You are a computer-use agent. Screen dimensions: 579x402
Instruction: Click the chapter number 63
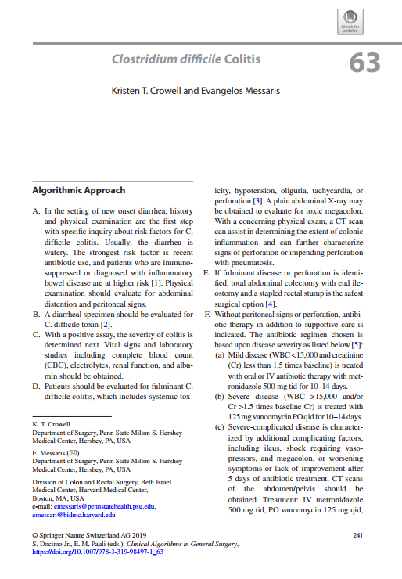pyautogui.click(x=364, y=62)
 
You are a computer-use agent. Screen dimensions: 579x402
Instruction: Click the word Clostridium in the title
pyautogui.click(x=144, y=59)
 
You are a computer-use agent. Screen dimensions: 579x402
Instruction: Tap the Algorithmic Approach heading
pyautogui.click(x=78, y=191)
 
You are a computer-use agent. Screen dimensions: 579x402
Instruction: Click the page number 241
pyautogui.click(x=358, y=535)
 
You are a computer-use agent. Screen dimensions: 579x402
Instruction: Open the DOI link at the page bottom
pyautogui.click(x=97, y=552)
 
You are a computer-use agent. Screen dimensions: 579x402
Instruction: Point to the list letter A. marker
pyautogui.click(x=36, y=211)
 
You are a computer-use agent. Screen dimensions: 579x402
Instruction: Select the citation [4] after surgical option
pyautogui.click(x=271, y=303)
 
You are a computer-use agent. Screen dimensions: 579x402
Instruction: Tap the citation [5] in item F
pyautogui.click(x=357, y=343)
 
